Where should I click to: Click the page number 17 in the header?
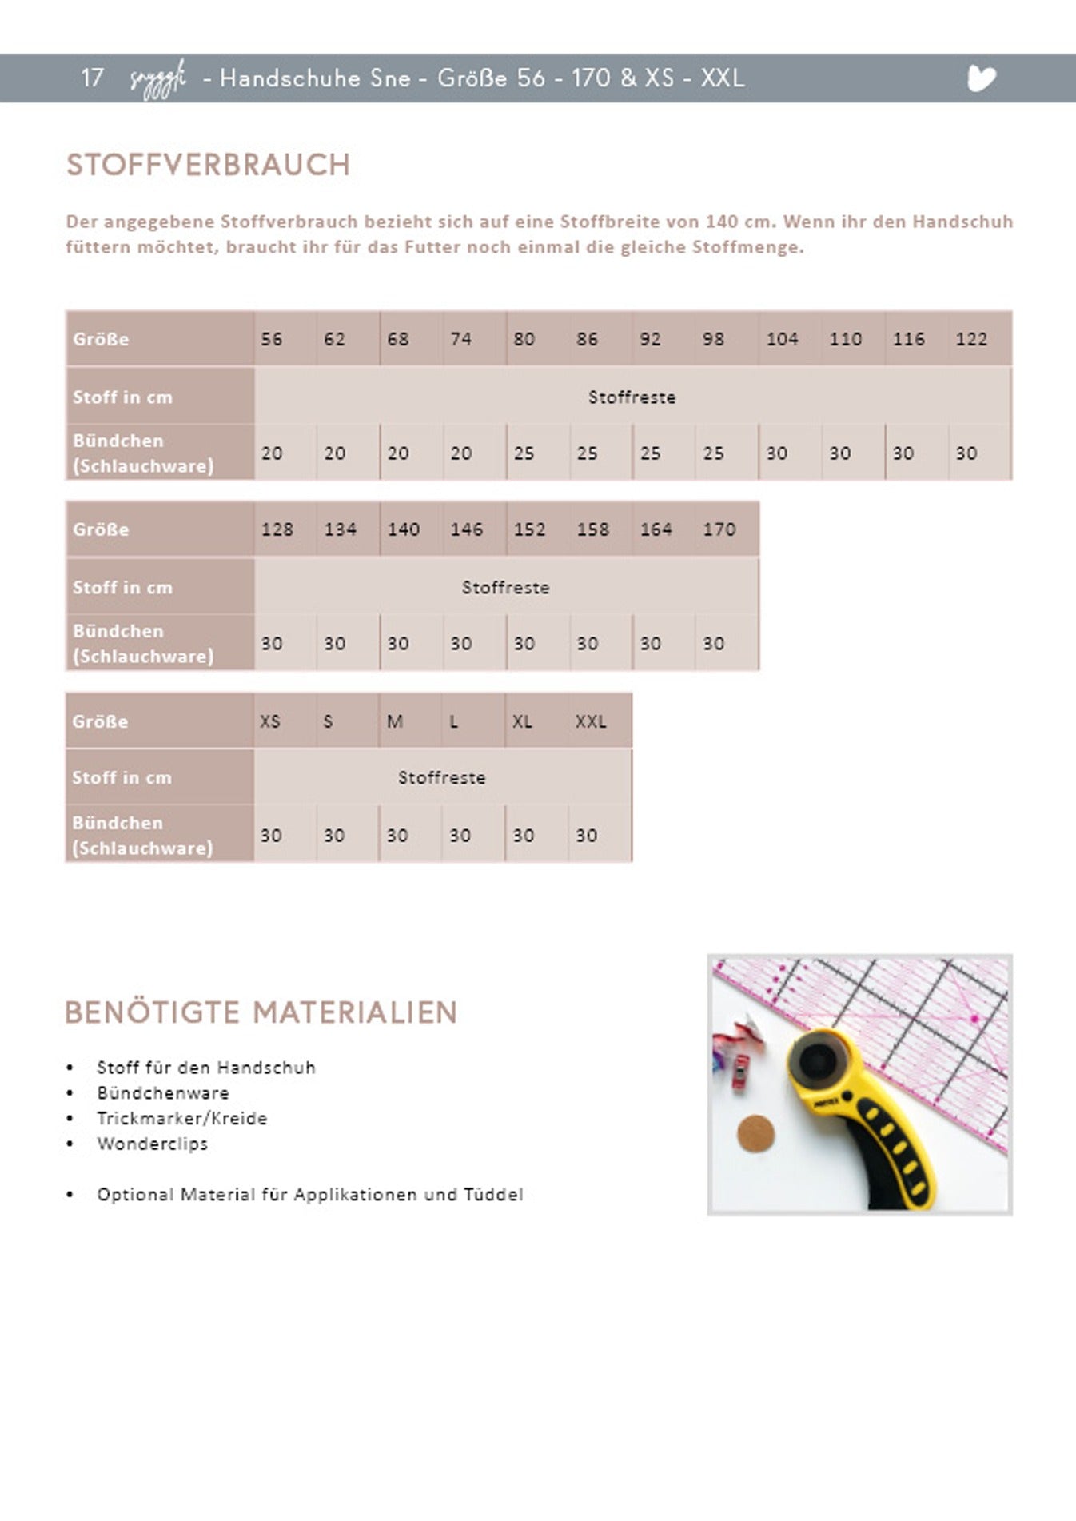tap(92, 78)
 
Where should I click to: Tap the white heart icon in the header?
tap(981, 78)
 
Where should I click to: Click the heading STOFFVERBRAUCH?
tap(208, 165)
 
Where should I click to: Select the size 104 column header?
tap(782, 339)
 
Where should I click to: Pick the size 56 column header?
tap(272, 339)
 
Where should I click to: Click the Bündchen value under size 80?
tap(524, 453)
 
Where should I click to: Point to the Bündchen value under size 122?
tap(966, 453)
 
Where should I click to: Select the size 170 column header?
tap(719, 529)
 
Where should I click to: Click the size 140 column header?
tap(404, 529)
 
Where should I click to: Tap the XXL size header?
tap(591, 721)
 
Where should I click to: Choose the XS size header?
tap(270, 721)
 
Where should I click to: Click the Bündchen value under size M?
tap(397, 836)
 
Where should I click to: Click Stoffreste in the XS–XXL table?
tap(441, 777)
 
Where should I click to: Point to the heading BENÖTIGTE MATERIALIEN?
tap(261, 1012)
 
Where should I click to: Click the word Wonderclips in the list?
tap(152, 1144)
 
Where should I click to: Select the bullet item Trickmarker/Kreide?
tap(182, 1118)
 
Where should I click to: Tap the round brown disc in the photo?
tap(755, 1133)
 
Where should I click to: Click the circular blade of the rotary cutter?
tap(819, 1061)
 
